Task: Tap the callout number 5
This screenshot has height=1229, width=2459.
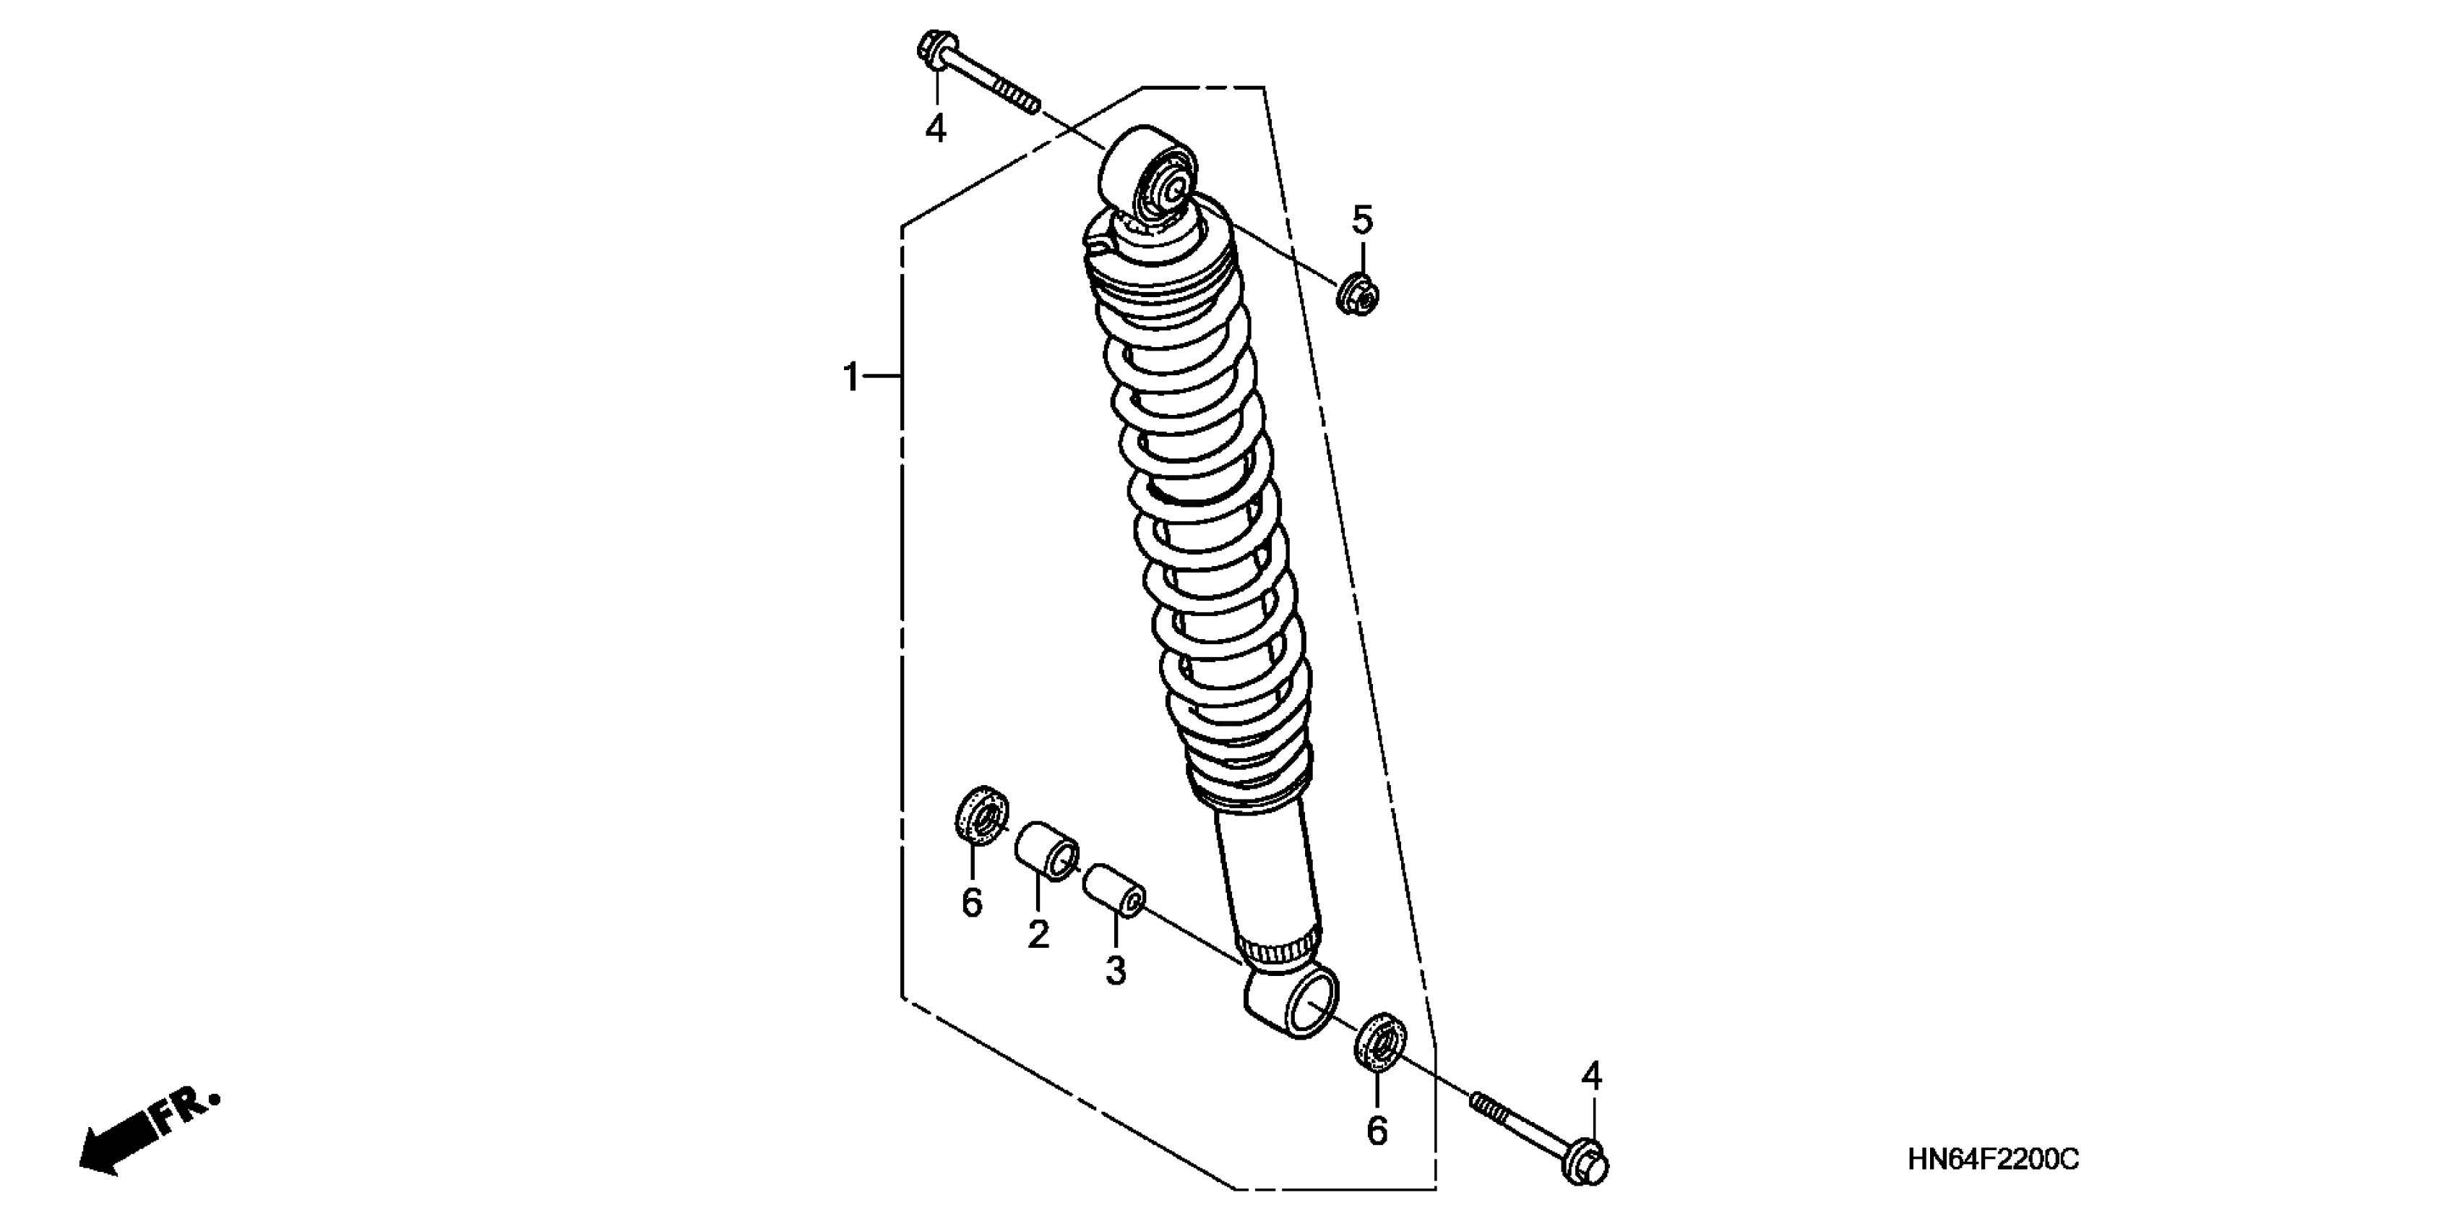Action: coord(1362,220)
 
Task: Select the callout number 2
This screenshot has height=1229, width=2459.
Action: coord(1038,934)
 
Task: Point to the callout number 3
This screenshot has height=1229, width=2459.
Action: coord(1116,971)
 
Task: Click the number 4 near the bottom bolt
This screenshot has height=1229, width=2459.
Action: coord(1591,1076)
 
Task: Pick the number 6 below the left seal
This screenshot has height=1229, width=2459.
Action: coord(972,902)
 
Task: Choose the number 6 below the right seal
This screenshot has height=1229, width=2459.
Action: coord(1377,1131)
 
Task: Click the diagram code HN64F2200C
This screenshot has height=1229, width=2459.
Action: coord(1993,1160)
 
